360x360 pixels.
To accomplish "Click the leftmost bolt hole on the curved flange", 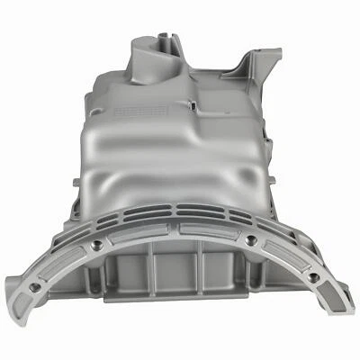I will [34, 286].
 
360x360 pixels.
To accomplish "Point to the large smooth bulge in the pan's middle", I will [171, 171].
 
